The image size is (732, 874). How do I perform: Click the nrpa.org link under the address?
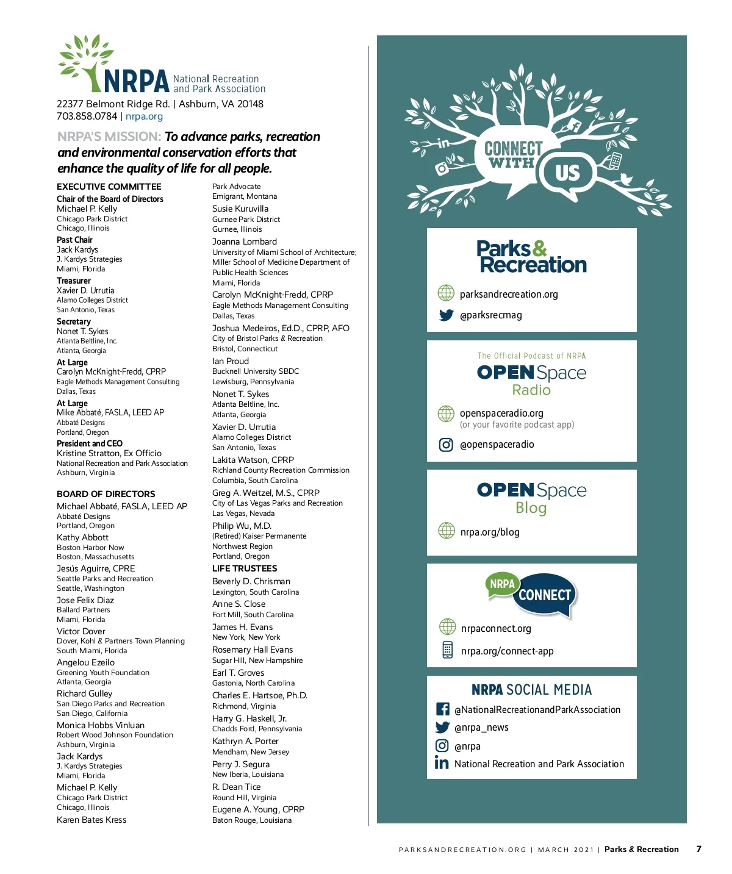144,116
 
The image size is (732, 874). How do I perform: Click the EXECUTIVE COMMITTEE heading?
109,187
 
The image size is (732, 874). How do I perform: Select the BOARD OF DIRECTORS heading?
106,494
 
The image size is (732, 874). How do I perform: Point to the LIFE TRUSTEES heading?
245,568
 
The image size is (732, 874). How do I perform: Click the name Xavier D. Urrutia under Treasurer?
85,290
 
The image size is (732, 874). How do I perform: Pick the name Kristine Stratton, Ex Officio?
109,453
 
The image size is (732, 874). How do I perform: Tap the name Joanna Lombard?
245,242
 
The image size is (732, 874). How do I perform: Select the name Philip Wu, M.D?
242,526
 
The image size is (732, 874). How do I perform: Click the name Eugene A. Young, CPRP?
258,809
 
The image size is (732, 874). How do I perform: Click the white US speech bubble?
567,173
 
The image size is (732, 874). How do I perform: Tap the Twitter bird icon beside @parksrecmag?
447,315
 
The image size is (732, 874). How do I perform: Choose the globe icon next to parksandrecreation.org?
447,293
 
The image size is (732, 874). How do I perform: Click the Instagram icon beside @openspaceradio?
447,445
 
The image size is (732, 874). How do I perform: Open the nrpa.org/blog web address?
490,532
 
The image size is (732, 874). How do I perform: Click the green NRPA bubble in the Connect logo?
502,584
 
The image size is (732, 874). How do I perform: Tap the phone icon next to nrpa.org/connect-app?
448,650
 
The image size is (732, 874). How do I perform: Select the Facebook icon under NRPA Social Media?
443,709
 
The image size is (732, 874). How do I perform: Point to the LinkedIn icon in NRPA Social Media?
442,763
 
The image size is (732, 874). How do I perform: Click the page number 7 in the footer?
699,849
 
